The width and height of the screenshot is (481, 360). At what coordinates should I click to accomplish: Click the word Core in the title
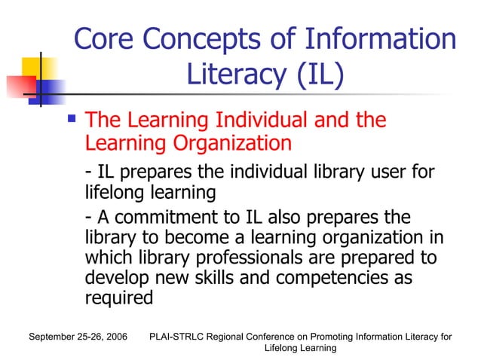coord(104,41)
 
